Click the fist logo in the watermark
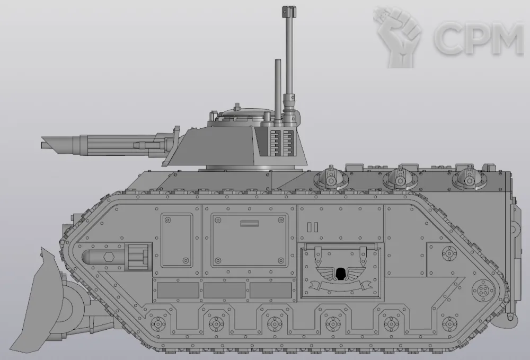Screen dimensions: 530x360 tap(396, 36)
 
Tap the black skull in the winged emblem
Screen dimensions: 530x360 tap(340, 274)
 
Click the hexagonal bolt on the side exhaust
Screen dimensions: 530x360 tap(108, 257)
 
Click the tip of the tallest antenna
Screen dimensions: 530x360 tap(287, 7)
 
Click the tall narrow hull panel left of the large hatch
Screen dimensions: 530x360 tap(177, 240)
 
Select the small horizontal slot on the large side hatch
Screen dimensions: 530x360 tap(250, 224)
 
